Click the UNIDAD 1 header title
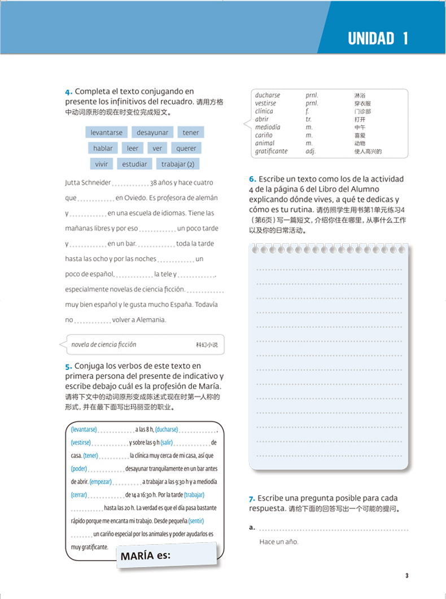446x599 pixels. coord(378,38)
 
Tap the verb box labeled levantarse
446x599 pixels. coord(107,133)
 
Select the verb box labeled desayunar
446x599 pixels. coord(152,133)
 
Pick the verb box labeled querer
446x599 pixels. coord(186,148)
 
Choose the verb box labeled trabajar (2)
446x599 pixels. coord(177,164)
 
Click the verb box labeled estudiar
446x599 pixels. coord(134,164)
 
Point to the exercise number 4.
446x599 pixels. coord(68,91)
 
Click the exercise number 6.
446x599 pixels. coord(252,179)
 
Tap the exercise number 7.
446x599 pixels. coord(252,499)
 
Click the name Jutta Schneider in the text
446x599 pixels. coord(88,183)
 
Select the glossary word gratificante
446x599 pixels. coord(271,151)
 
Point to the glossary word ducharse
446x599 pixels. coord(267,96)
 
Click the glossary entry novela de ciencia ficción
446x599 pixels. coord(103,345)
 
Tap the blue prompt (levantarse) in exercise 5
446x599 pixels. coord(84,429)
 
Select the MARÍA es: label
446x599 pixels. coord(145,556)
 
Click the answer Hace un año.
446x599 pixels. coord(279,543)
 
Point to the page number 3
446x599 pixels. coord(406,575)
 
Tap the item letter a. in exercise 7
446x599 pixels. coord(251,528)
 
